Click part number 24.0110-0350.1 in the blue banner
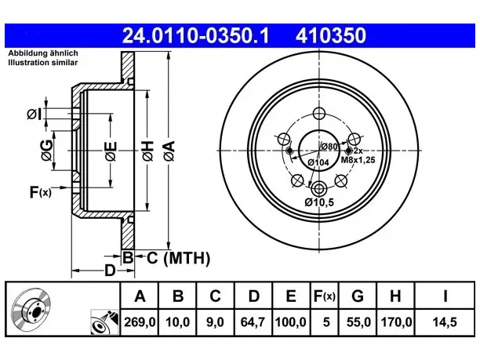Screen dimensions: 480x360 click(195, 35)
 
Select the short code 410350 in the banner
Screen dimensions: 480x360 click(331, 35)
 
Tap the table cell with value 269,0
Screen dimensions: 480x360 click(140, 322)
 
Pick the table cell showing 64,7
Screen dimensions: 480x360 click(253, 322)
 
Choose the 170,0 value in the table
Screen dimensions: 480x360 click(396, 322)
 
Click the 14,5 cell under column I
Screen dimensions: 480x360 click(445, 322)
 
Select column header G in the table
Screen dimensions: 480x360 click(358, 296)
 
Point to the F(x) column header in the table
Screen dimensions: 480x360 click(325, 296)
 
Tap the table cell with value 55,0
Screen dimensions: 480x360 click(358, 322)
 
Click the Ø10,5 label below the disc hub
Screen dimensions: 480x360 click(319, 202)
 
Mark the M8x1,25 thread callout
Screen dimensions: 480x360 click(358, 160)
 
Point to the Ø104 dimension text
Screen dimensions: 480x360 click(318, 162)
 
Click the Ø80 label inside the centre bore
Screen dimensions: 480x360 click(329, 147)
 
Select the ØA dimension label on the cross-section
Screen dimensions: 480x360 click(169, 151)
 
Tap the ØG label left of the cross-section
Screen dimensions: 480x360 click(47, 150)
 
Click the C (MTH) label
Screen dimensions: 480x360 click(179, 258)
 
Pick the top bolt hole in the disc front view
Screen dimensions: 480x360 click(319, 113)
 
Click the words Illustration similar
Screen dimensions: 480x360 click(43, 63)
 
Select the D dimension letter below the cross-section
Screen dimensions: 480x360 click(110, 271)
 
